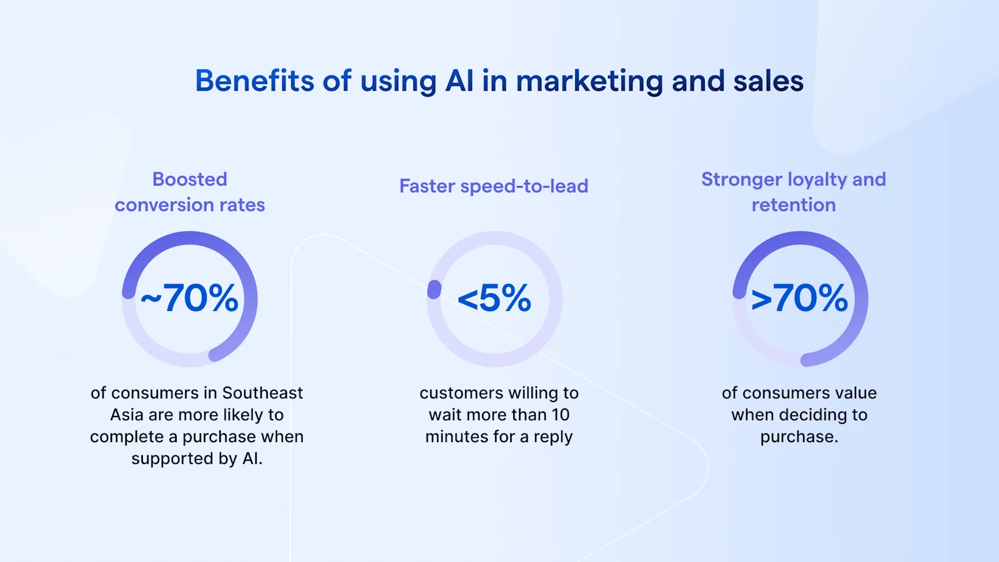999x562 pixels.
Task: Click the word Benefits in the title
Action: [255, 81]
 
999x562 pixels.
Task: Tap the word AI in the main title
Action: [459, 81]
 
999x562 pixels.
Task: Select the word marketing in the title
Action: [589, 81]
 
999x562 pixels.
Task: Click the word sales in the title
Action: [768, 81]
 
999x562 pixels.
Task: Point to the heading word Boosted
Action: [190, 179]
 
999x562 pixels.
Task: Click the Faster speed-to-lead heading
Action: [493, 186]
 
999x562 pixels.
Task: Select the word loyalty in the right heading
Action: [817, 180]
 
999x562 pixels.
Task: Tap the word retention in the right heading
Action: [794, 205]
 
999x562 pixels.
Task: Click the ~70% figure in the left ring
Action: [189, 298]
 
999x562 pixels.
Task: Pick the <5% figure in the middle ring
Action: [495, 298]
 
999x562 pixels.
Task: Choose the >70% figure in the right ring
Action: [800, 298]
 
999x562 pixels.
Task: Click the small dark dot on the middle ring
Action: [434, 289]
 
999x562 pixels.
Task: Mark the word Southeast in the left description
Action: [262, 393]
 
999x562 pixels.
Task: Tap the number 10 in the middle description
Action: [560, 415]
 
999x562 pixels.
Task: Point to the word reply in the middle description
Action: [553, 437]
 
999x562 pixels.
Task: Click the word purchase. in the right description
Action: [799, 436]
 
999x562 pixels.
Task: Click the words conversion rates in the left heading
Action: [190, 205]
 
